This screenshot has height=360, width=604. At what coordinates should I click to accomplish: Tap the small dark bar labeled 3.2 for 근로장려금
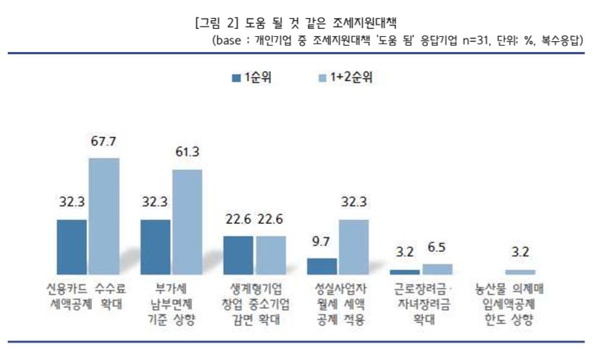coord(404,272)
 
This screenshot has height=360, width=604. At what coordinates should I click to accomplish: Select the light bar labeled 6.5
coord(437,269)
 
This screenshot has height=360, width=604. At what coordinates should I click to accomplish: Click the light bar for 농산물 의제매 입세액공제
coord(520,272)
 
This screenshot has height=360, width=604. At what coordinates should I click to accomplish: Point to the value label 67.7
coord(104,141)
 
